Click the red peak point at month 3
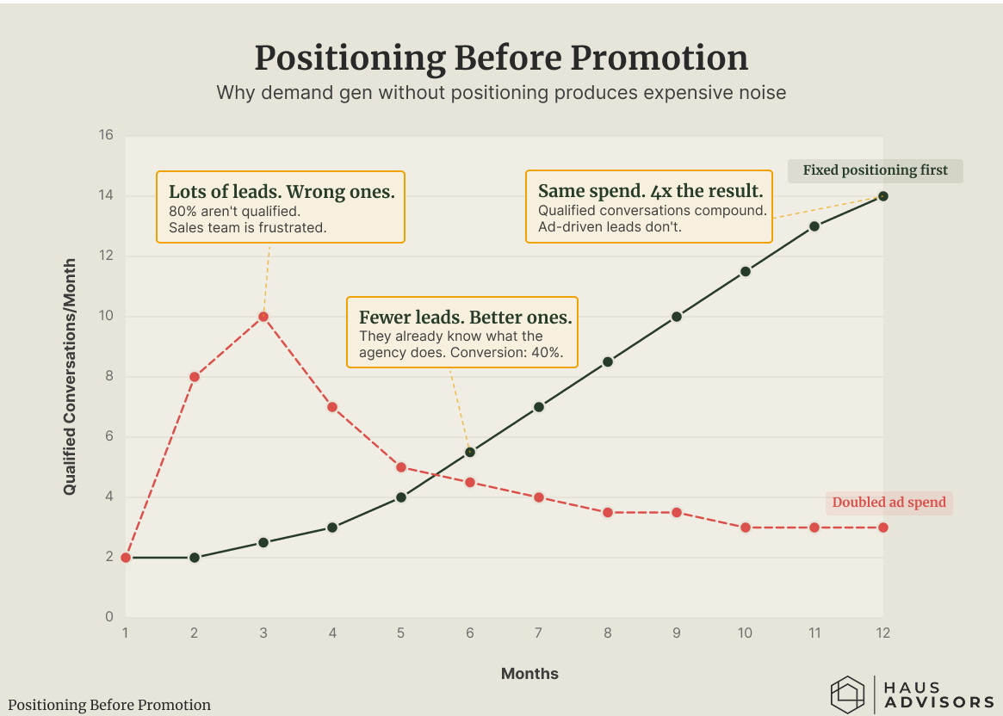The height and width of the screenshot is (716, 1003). tap(263, 317)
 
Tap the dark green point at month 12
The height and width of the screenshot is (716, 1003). tap(882, 196)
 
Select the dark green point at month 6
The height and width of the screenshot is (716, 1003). tap(469, 452)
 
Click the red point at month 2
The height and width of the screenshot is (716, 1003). tap(195, 377)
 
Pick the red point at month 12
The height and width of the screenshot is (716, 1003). tap(882, 528)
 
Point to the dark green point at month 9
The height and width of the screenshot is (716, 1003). tap(676, 317)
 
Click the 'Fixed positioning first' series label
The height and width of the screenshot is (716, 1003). tap(875, 170)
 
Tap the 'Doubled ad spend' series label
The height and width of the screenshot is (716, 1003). tap(888, 503)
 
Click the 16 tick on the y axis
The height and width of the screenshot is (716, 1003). tap(106, 135)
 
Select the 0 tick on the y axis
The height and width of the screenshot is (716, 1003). tap(109, 617)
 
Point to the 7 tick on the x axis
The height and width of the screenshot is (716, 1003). tap(539, 633)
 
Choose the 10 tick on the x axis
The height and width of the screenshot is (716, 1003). tap(746, 633)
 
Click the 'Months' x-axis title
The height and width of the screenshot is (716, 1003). tap(529, 674)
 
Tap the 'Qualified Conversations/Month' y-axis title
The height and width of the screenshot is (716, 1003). tap(70, 377)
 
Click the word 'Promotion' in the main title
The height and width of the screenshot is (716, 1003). tap(659, 59)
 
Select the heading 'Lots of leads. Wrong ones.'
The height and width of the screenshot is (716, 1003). tap(282, 192)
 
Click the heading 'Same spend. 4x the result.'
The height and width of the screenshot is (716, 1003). tap(651, 191)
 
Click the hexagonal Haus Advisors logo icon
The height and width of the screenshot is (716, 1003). tap(847, 694)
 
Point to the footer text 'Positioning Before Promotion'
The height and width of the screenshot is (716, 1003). tap(109, 705)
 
